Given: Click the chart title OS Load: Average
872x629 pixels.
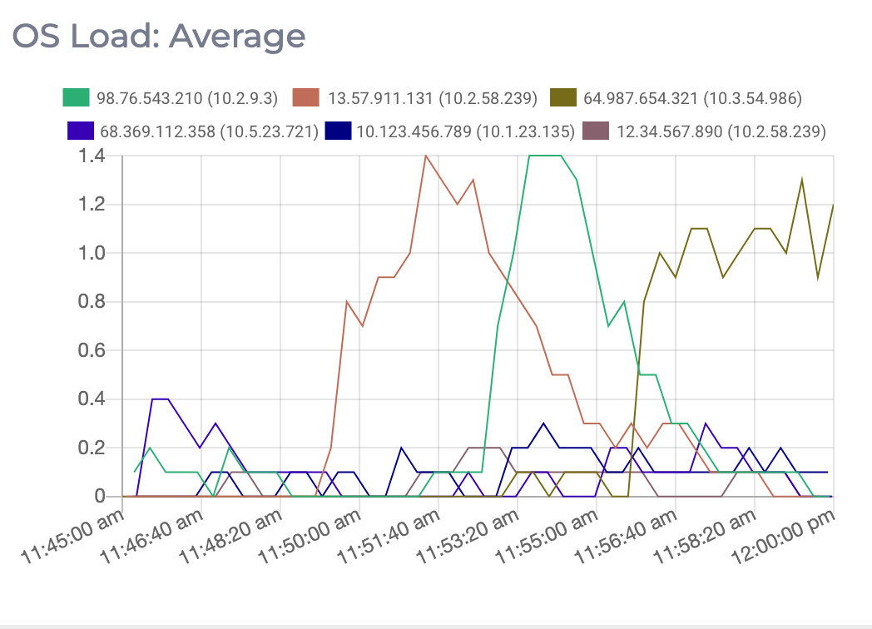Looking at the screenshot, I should (x=157, y=37).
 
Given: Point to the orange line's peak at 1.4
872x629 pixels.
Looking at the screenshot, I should (x=426, y=156).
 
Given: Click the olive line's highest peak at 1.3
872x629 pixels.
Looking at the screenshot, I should (x=802, y=180).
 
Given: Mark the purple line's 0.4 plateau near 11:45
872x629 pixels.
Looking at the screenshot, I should (x=161, y=399).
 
